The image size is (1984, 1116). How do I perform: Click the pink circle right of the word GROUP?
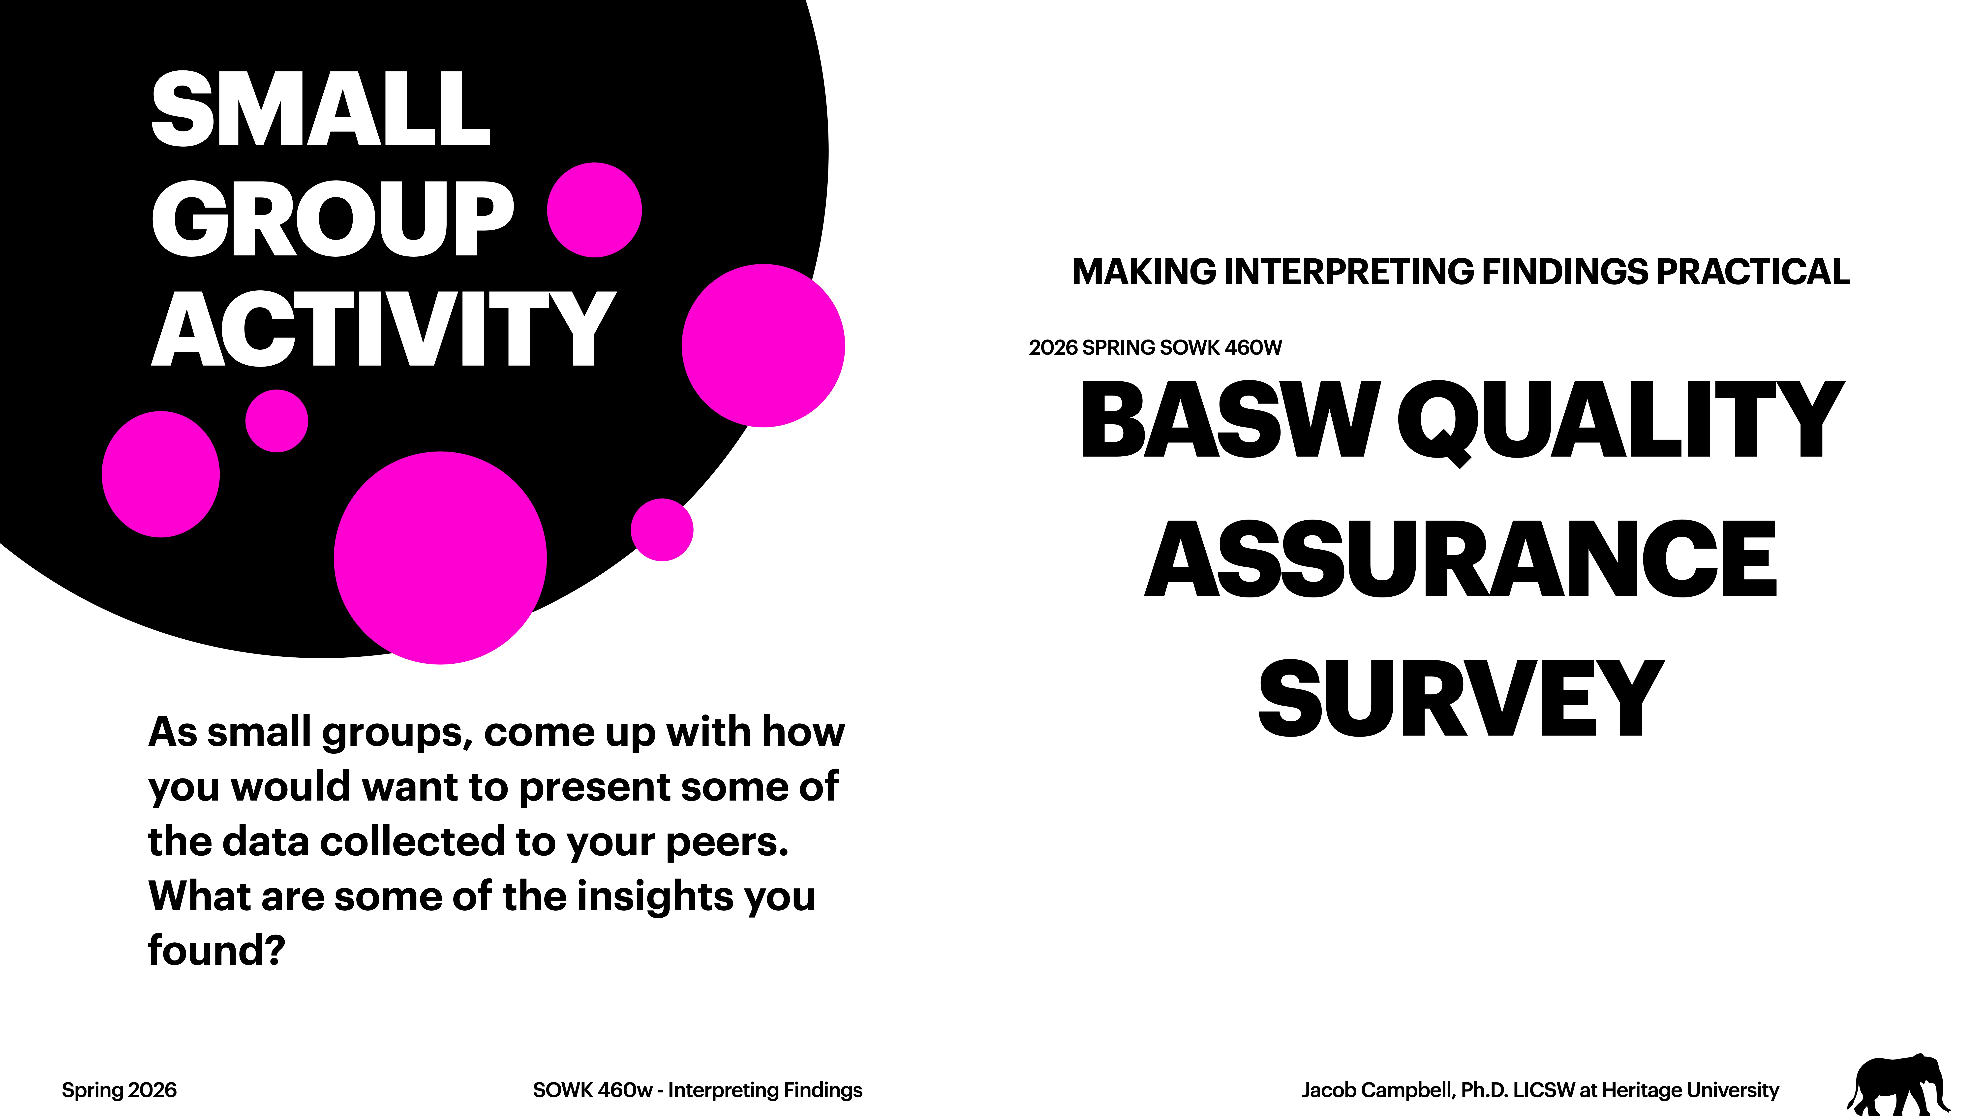(594, 210)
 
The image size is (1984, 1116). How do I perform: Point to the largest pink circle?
(440, 558)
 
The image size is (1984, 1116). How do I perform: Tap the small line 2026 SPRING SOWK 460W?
(1155, 348)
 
